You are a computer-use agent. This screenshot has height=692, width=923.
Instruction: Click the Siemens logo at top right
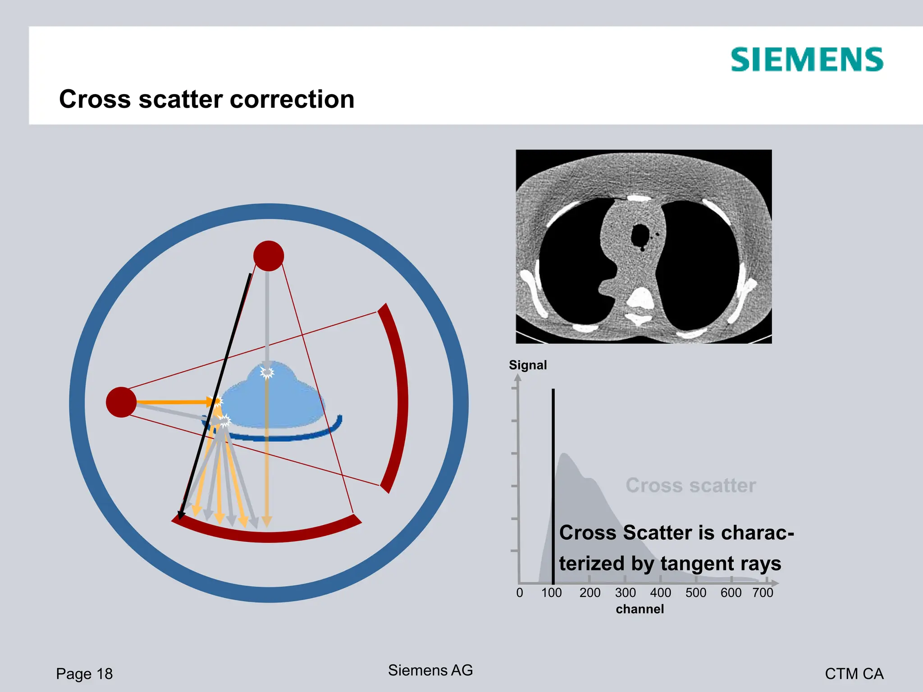pos(807,60)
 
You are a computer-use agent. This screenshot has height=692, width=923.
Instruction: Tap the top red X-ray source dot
pos(269,256)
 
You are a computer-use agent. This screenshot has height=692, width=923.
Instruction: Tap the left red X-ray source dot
pos(121,402)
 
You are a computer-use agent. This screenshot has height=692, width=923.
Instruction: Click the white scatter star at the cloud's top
pos(267,373)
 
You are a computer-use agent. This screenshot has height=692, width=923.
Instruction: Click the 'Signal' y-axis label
pos(528,365)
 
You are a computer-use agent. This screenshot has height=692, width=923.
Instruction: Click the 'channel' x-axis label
pos(640,609)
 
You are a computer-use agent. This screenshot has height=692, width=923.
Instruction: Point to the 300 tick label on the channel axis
pos(625,592)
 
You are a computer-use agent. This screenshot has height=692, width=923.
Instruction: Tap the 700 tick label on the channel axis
pos(763,592)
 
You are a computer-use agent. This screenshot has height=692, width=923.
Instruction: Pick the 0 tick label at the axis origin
pos(520,592)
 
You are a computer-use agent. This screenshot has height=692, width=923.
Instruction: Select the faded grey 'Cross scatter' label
pos(690,485)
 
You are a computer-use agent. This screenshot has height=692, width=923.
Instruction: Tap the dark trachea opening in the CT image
pos(640,235)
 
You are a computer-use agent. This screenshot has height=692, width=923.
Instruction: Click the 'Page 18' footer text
pos(84,674)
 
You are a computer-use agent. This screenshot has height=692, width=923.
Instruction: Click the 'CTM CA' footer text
pos(854,674)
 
